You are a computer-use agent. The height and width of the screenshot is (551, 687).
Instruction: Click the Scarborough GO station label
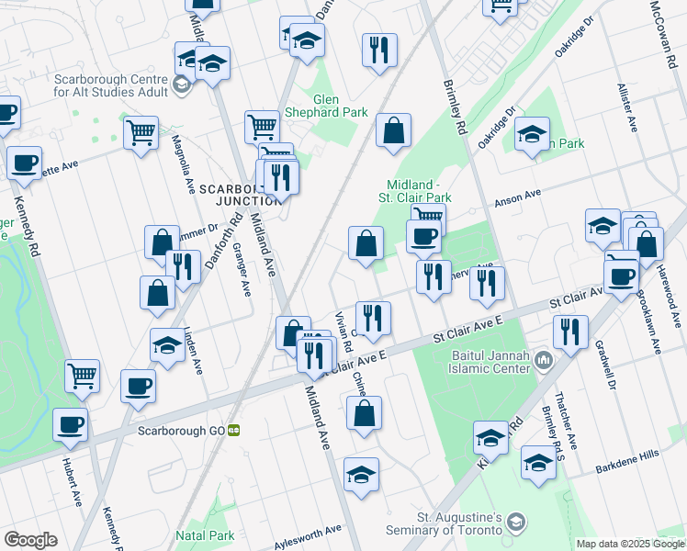point(181,430)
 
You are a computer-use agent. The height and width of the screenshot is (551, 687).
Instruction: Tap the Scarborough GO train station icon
point(234,430)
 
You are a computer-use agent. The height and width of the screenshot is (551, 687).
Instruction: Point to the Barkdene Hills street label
point(627,455)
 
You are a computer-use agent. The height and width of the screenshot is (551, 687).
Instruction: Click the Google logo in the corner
point(30,540)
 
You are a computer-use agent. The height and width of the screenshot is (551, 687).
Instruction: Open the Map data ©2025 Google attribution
point(630,544)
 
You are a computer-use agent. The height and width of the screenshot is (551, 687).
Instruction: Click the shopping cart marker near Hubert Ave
point(82,375)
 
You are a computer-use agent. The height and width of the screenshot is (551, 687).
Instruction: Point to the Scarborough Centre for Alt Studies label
point(111,85)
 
